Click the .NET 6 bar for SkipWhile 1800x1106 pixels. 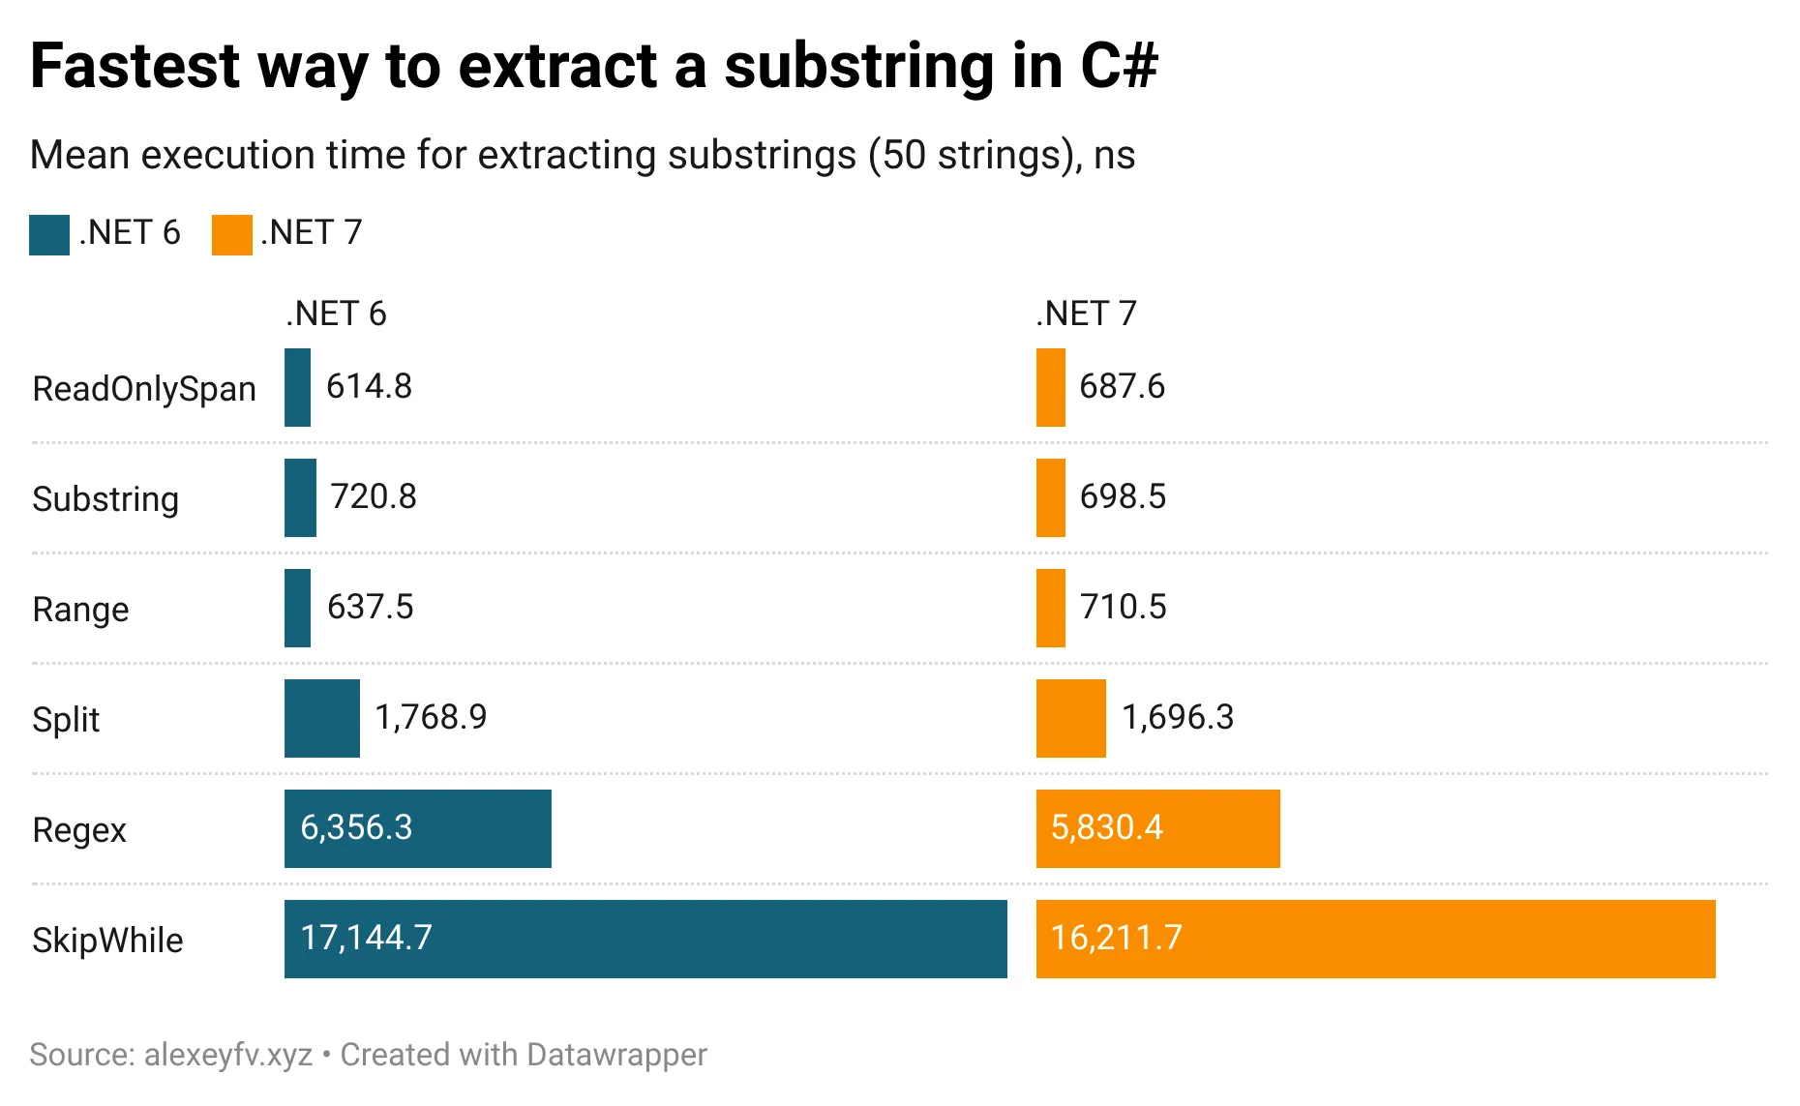click(x=645, y=939)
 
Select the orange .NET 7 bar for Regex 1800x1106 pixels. click(x=1157, y=828)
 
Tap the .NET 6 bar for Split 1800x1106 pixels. click(x=321, y=718)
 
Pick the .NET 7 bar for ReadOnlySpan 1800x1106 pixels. click(x=1050, y=387)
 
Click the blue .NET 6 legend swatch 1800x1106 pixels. click(x=49, y=235)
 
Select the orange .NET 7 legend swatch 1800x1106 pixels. click(x=231, y=235)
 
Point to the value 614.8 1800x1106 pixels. click(x=369, y=386)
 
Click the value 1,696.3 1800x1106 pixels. click(x=1177, y=717)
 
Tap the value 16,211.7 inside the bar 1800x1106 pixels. click(x=1116, y=938)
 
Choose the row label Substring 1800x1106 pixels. click(x=105, y=499)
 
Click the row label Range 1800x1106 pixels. click(x=80, y=610)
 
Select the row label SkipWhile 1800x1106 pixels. click(x=107, y=941)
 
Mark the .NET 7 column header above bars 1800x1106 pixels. click(x=1086, y=314)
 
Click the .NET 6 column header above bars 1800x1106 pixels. click(x=336, y=314)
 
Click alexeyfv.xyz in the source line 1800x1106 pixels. click(x=228, y=1054)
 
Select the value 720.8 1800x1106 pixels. click(x=373, y=496)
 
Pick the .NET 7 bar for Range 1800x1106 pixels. click(x=1050, y=608)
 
